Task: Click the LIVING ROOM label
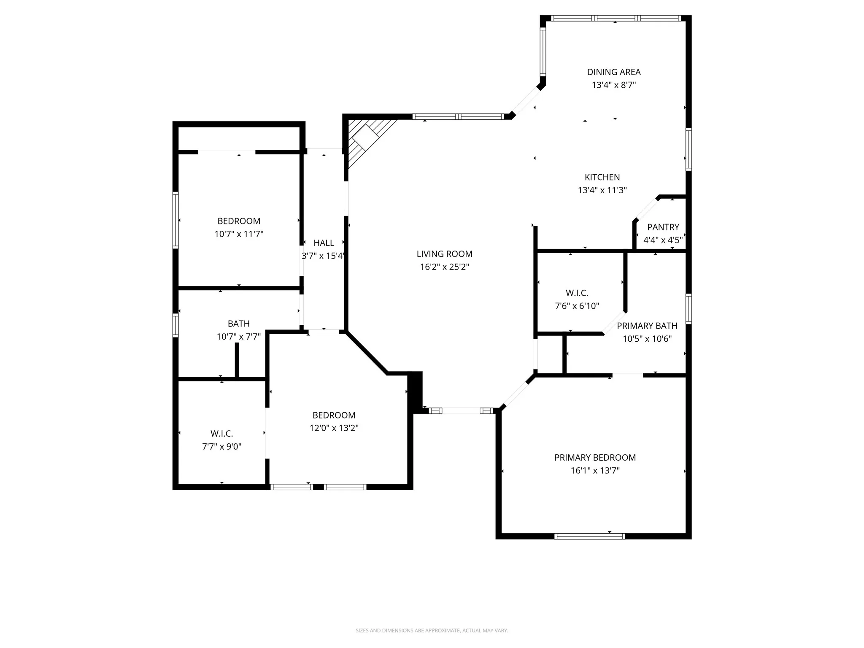tap(444, 254)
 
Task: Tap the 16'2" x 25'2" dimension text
tap(444, 267)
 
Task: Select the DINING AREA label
tap(614, 72)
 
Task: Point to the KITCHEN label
tap(602, 177)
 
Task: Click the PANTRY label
tap(663, 227)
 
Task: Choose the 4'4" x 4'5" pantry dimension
tap(663, 240)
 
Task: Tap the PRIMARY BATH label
tap(647, 326)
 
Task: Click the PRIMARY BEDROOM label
tap(595, 458)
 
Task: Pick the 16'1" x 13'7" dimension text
tap(595, 470)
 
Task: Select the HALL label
tap(324, 243)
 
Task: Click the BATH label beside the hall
tap(238, 324)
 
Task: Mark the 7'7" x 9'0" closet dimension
tap(221, 446)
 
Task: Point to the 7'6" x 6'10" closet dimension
tap(577, 306)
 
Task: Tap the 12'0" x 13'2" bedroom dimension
tap(334, 428)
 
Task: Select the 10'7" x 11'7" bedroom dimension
tap(239, 234)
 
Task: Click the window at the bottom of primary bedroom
tap(589, 536)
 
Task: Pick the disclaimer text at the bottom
tap(432, 631)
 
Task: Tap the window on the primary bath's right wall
tap(688, 309)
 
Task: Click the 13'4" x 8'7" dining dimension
tap(613, 85)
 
